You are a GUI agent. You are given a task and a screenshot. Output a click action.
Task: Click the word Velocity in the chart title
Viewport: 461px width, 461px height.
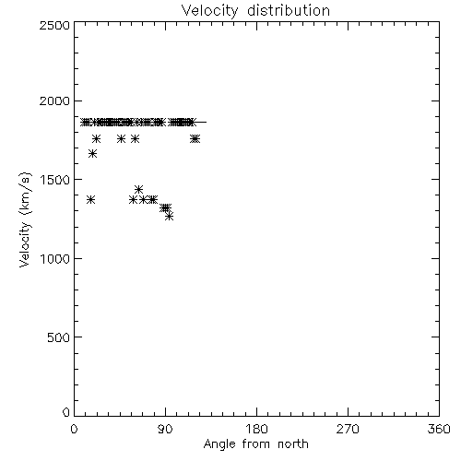click(210, 11)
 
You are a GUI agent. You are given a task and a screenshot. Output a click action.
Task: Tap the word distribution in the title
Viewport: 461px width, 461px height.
click(289, 10)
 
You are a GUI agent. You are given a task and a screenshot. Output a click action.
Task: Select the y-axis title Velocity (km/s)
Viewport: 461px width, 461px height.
click(25, 219)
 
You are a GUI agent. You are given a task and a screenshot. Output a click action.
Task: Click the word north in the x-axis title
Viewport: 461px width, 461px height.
click(293, 443)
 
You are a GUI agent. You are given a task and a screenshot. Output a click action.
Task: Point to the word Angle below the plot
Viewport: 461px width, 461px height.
click(219, 444)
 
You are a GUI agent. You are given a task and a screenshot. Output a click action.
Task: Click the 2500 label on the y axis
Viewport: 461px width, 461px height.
click(54, 25)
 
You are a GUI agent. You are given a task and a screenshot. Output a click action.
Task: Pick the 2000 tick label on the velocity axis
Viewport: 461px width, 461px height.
click(54, 100)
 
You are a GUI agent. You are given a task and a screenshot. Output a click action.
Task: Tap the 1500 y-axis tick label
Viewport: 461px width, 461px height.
click(55, 180)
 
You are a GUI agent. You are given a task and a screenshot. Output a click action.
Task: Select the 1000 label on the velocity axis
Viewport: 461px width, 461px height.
click(55, 258)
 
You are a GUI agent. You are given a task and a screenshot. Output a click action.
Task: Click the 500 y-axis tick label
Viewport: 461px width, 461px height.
click(59, 337)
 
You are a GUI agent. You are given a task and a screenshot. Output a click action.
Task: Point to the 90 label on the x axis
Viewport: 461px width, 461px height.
click(165, 429)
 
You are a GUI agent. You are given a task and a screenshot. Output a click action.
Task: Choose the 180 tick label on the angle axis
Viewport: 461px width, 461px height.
click(256, 429)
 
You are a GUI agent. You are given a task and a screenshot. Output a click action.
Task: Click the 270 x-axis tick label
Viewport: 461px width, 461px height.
click(348, 429)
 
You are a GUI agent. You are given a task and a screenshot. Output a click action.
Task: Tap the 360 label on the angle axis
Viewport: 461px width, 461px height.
click(439, 429)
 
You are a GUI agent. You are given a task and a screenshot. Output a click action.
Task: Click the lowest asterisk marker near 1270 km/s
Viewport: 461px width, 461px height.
click(169, 217)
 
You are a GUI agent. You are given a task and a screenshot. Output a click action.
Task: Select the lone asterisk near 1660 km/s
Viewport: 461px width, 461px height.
click(92, 153)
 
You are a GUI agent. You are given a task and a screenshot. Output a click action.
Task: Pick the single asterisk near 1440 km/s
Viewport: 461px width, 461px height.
click(138, 189)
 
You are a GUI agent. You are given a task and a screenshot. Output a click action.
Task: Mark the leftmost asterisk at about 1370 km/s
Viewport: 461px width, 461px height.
click(90, 200)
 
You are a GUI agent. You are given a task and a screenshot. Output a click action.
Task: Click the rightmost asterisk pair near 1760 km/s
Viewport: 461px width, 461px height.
click(195, 139)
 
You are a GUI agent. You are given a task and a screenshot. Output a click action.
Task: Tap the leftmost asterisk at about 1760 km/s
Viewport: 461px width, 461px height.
click(96, 139)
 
